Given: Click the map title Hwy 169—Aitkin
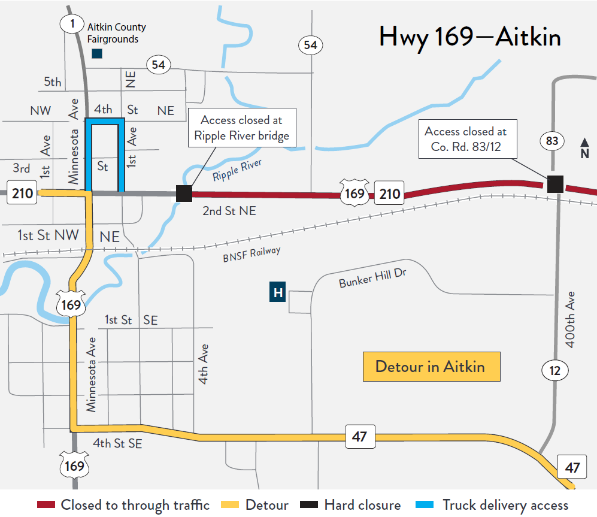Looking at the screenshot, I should pyautogui.click(x=469, y=38).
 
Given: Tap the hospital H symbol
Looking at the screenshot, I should pyautogui.click(x=277, y=292).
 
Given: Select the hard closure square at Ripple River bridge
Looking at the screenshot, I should pyautogui.click(x=184, y=194).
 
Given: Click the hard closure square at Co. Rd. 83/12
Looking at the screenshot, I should pyautogui.click(x=556, y=184).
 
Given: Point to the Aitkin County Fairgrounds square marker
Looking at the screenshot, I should pyautogui.click(x=96, y=54).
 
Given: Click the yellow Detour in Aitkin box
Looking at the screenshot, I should pyautogui.click(x=431, y=367).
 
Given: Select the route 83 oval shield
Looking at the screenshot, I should pyautogui.click(x=552, y=141).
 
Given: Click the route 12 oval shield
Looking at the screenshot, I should pyautogui.click(x=555, y=371).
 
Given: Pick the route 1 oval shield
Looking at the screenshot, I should pyautogui.click(x=71, y=23).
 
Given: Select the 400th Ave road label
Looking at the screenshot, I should pyautogui.click(x=571, y=319).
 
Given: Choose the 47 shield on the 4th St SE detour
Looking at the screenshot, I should pyautogui.click(x=359, y=437).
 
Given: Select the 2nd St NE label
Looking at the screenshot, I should pyautogui.click(x=229, y=211).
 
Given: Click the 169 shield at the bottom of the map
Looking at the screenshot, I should pyautogui.click(x=74, y=465).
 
